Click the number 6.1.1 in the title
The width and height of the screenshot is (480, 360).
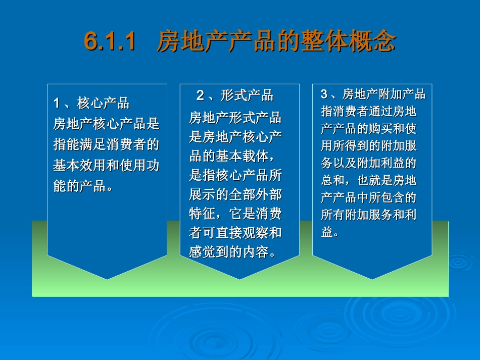pyautogui.click(x=110, y=42)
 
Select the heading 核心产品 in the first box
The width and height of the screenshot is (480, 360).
pyautogui.click(x=103, y=104)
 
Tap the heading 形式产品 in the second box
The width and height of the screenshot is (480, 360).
pyautogui.click(x=247, y=95)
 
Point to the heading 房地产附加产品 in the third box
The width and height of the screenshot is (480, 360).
pyautogui.click(x=384, y=94)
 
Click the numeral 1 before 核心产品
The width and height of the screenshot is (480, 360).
pyautogui.click(x=57, y=104)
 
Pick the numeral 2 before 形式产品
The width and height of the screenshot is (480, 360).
pyautogui.click(x=200, y=95)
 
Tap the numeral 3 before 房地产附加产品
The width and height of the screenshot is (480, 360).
pyautogui.click(x=324, y=94)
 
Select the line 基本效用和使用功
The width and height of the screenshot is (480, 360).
pyautogui.click(x=106, y=166)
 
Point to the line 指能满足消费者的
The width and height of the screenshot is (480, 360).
pyautogui.click(x=106, y=145)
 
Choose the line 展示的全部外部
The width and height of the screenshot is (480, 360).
pyautogui.click(x=235, y=194)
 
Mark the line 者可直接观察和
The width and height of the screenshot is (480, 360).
pyautogui.click(x=235, y=233)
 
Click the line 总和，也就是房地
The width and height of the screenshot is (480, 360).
pyautogui.click(x=369, y=180)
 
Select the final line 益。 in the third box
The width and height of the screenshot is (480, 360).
pyautogui.click(x=330, y=232)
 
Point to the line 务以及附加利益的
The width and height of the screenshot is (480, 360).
pyautogui.click(x=369, y=163)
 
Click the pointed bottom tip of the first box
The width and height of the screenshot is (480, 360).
pyautogui.click(x=107, y=279)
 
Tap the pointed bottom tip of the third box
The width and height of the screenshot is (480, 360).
pyautogui.click(x=372, y=279)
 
